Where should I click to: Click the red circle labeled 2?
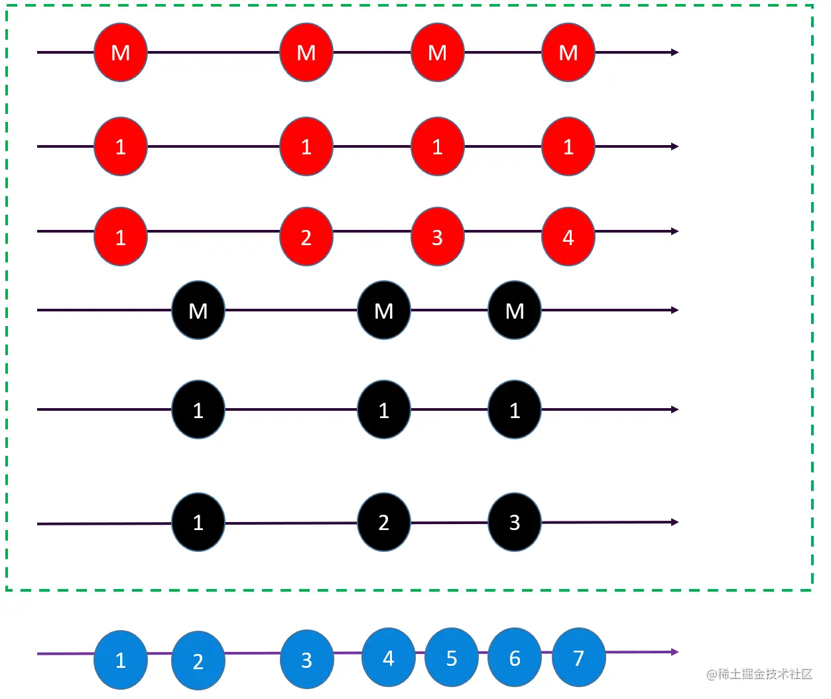tap(306, 237)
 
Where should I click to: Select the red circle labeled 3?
tap(437, 237)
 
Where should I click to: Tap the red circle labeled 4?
tap(568, 237)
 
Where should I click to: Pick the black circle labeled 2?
tap(383, 522)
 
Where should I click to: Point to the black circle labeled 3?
tap(515, 522)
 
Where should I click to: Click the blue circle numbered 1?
tap(121, 660)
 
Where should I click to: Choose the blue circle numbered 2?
tap(198, 661)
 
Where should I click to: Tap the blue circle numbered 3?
tap(306, 659)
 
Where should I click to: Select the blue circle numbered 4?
tap(389, 657)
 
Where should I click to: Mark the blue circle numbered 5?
tap(452, 657)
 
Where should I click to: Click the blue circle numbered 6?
tap(515, 657)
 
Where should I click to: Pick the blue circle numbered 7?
tap(579, 657)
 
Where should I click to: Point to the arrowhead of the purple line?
tap(675, 652)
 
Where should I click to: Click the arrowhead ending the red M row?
tap(675, 52)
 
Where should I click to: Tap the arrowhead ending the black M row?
tap(675, 310)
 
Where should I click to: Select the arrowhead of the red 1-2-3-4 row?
tap(675, 231)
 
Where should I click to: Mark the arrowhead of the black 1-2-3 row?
tap(675, 522)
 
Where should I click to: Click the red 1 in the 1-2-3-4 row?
tap(121, 237)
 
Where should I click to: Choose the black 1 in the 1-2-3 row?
tap(198, 522)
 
